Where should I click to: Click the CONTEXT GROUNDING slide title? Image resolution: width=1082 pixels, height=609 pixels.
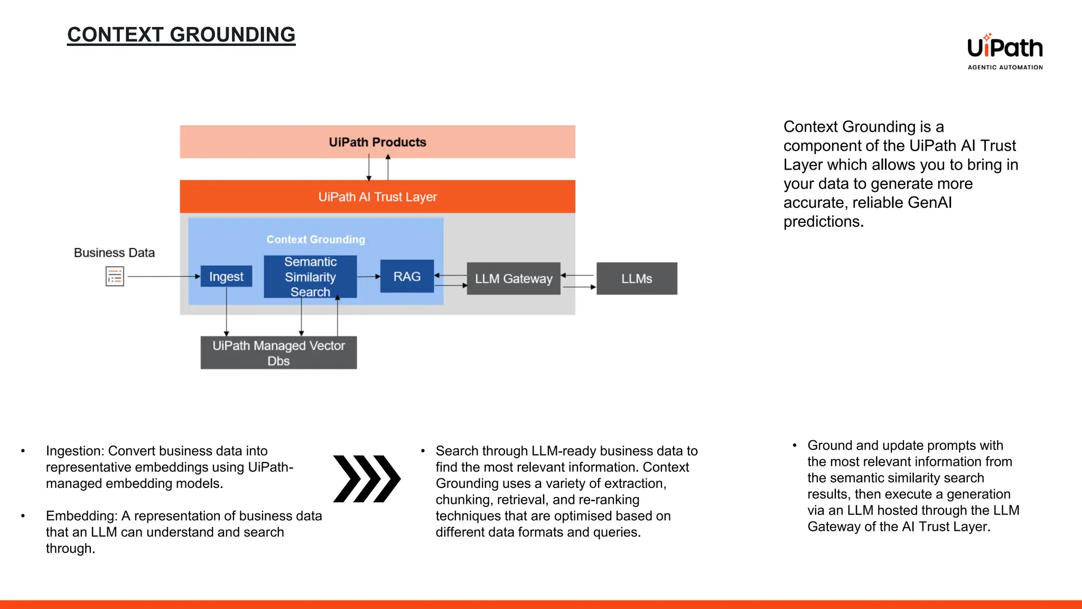181,35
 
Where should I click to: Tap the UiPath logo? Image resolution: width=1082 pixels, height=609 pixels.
1004,48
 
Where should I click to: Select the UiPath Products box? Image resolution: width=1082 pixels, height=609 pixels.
377,142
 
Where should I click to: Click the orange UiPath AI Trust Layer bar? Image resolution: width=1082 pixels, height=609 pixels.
377,197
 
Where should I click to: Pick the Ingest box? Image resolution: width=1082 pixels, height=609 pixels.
226,276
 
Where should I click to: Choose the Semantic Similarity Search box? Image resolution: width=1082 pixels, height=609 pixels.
310,276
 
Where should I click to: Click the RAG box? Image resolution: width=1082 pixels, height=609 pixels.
407,276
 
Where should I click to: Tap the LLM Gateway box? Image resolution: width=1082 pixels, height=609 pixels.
513,279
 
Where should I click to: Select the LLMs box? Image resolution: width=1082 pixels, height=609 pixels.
637,279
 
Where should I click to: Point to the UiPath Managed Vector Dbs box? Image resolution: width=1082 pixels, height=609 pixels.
278,353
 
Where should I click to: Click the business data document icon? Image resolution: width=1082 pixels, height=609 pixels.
115,276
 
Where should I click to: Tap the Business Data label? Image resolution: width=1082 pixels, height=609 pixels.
114,253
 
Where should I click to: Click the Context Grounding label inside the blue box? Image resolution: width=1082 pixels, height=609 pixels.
315,239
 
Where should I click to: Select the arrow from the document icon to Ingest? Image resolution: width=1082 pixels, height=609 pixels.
164,276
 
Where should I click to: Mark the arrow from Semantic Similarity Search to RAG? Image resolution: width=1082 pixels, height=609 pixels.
368,276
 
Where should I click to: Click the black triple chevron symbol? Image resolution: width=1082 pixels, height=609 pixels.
367,478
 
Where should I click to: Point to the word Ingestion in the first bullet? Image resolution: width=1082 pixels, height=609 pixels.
74,451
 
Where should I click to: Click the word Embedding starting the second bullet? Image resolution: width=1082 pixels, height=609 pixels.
81,516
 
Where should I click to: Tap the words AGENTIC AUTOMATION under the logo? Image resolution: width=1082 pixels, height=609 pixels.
1005,68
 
